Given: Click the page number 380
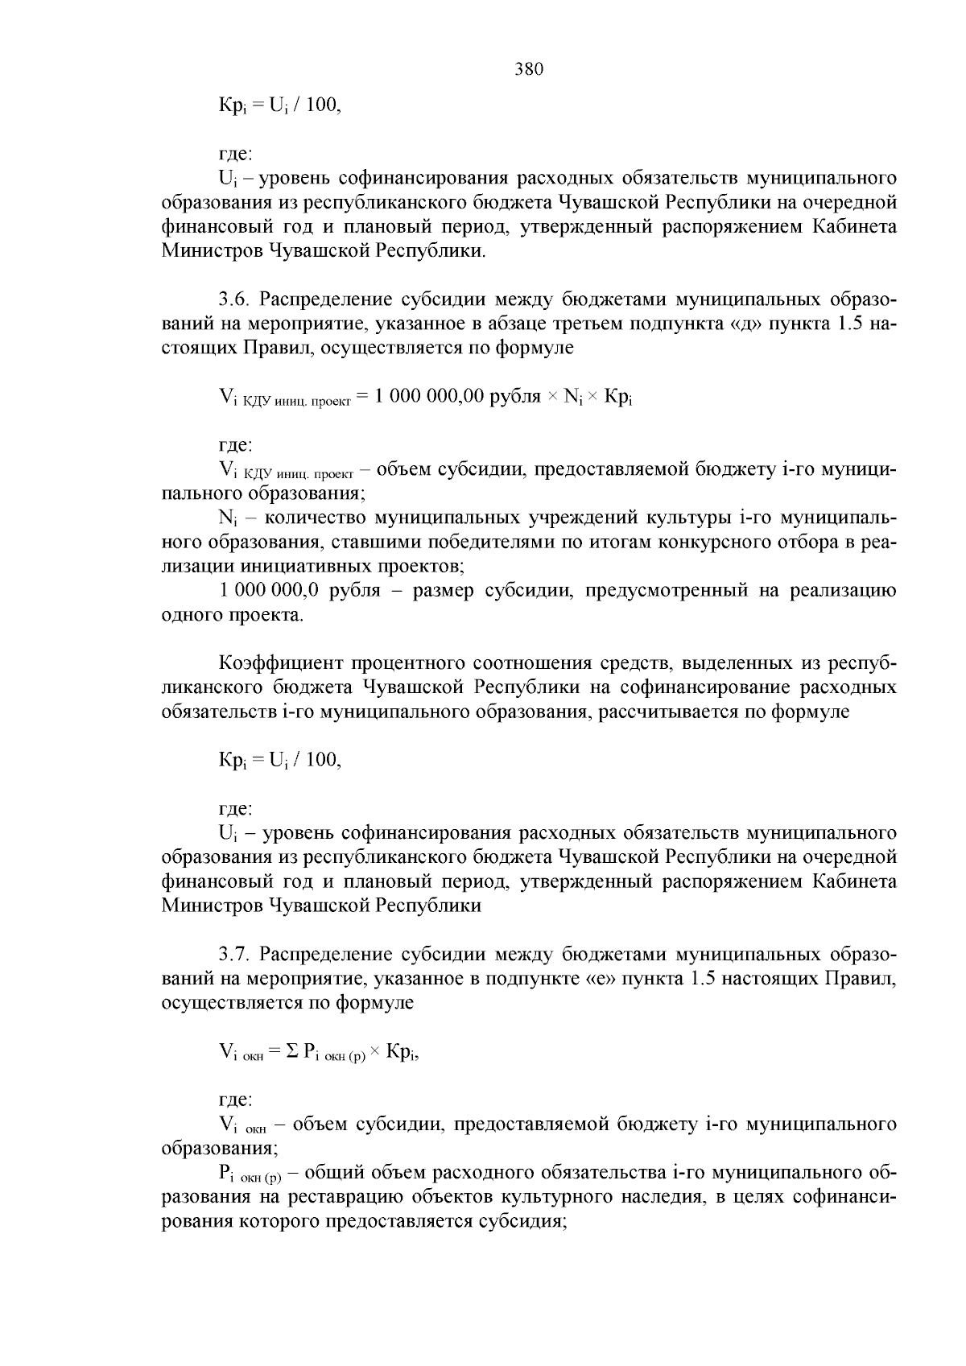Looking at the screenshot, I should (x=529, y=69).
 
